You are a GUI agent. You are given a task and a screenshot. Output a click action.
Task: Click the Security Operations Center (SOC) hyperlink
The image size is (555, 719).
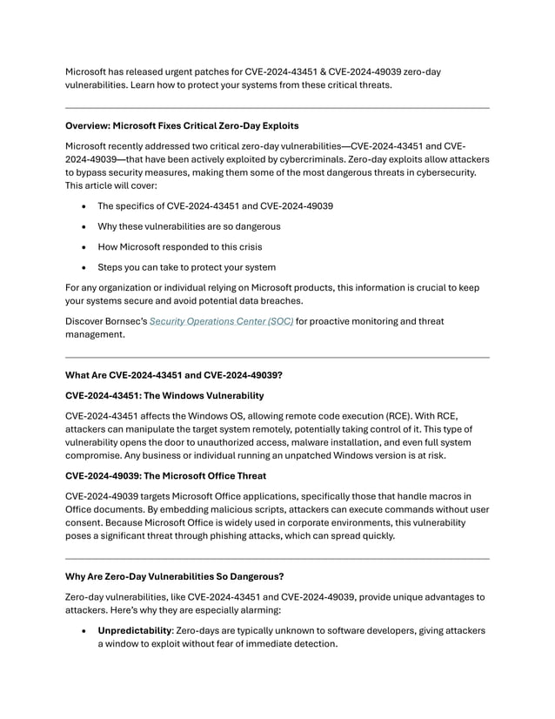click(222, 321)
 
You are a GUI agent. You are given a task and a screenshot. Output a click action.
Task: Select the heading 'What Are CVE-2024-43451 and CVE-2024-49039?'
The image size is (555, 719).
click(174, 375)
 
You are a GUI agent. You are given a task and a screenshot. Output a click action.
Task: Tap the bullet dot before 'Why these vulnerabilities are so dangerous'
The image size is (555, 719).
click(82, 227)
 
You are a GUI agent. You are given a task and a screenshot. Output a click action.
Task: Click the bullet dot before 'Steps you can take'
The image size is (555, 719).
click(82, 267)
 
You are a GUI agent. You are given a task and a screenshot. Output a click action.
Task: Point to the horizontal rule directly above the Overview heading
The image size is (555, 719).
click(277, 108)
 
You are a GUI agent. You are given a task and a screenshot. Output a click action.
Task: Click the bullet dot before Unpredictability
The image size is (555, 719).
click(82, 629)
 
